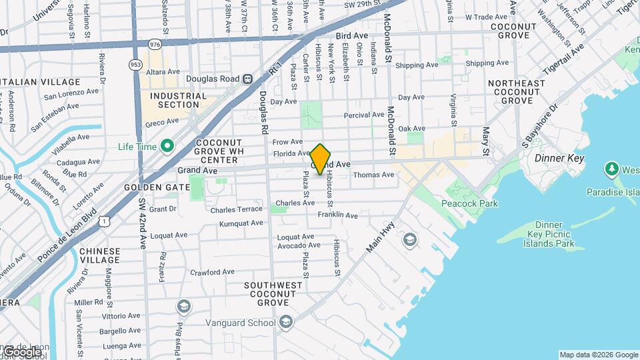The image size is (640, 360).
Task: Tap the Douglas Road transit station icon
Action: (x=247, y=78)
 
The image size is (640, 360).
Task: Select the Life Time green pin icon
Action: (x=167, y=146)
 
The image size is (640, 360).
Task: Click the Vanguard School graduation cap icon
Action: (x=285, y=323)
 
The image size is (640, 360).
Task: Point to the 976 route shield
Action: (x=155, y=45)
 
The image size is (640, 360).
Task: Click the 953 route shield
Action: (x=135, y=65)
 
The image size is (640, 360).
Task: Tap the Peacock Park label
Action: (x=470, y=203)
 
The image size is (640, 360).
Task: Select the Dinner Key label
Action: (x=559, y=159)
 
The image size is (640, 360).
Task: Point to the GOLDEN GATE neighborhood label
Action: (x=157, y=187)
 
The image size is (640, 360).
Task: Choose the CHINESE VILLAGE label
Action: (x=99, y=256)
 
